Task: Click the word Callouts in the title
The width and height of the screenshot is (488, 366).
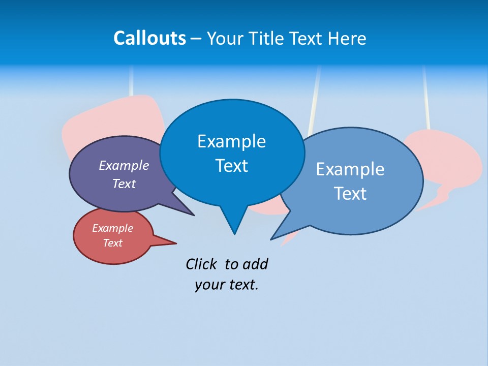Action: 150,38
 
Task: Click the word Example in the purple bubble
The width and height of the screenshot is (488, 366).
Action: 124,165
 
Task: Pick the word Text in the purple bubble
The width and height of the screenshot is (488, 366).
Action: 124,184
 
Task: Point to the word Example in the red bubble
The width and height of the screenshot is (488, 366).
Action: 113,228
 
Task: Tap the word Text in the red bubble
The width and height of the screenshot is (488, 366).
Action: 113,243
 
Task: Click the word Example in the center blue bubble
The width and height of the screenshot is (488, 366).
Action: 232,141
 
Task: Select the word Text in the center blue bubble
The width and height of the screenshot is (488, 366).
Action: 232,166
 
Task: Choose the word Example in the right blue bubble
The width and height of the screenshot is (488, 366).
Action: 350,169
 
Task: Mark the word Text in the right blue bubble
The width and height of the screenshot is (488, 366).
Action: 350,194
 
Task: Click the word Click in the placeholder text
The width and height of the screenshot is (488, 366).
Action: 203,264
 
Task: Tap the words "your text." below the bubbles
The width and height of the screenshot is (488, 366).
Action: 227,285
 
